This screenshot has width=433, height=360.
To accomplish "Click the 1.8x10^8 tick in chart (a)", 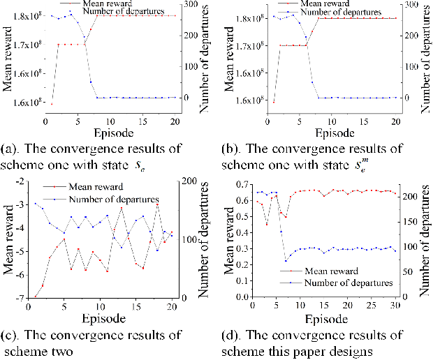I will tap(20, 15).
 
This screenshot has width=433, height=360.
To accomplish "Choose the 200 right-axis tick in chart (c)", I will tap(191, 181).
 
